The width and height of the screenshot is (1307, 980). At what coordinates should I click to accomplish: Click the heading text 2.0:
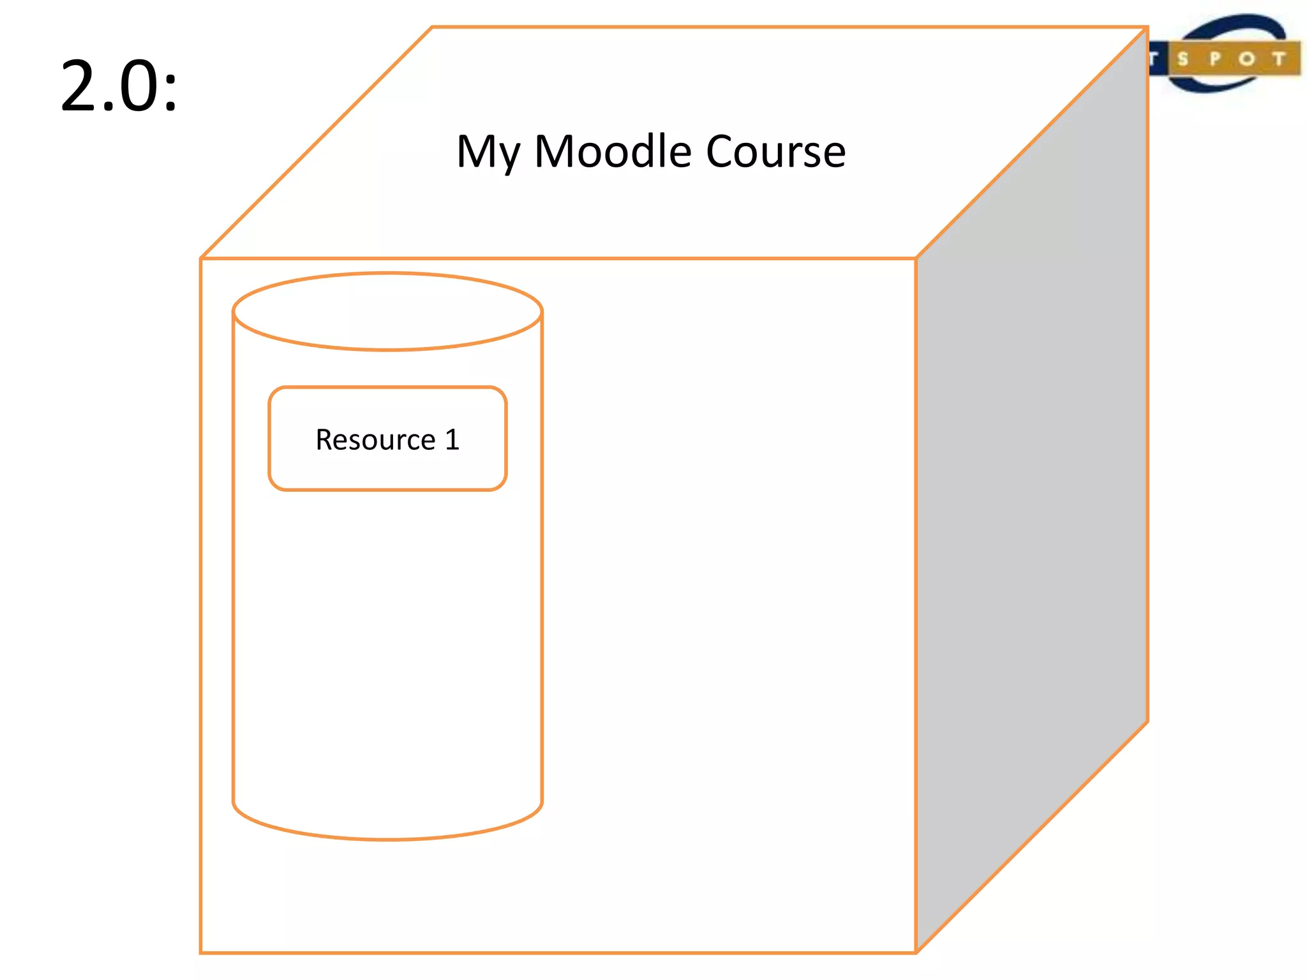[x=119, y=86]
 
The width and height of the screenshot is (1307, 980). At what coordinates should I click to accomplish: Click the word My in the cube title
[x=488, y=153]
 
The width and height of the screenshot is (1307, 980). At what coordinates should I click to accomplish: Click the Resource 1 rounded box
[x=387, y=472]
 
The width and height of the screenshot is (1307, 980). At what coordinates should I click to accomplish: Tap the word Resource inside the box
[x=375, y=440]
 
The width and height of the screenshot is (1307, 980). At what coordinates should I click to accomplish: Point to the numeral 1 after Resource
[x=452, y=440]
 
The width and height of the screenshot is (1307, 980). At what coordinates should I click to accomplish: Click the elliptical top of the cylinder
[x=387, y=312]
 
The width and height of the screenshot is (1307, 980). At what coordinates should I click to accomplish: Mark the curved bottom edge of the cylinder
[x=387, y=838]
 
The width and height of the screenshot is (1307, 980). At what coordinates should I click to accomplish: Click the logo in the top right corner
[x=1225, y=54]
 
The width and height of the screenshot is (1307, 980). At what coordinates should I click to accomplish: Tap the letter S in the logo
[x=1183, y=60]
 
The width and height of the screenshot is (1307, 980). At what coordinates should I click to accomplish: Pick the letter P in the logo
[x=1215, y=59]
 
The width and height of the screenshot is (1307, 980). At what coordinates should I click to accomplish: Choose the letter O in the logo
[x=1246, y=60]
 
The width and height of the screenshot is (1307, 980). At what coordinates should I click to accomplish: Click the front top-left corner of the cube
[x=201, y=258]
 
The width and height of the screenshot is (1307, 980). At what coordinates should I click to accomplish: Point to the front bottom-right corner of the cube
[x=916, y=953]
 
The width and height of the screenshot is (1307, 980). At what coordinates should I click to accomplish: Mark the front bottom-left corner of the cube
[x=201, y=953]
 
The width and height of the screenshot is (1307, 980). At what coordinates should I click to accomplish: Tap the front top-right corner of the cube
[x=916, y=258]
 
